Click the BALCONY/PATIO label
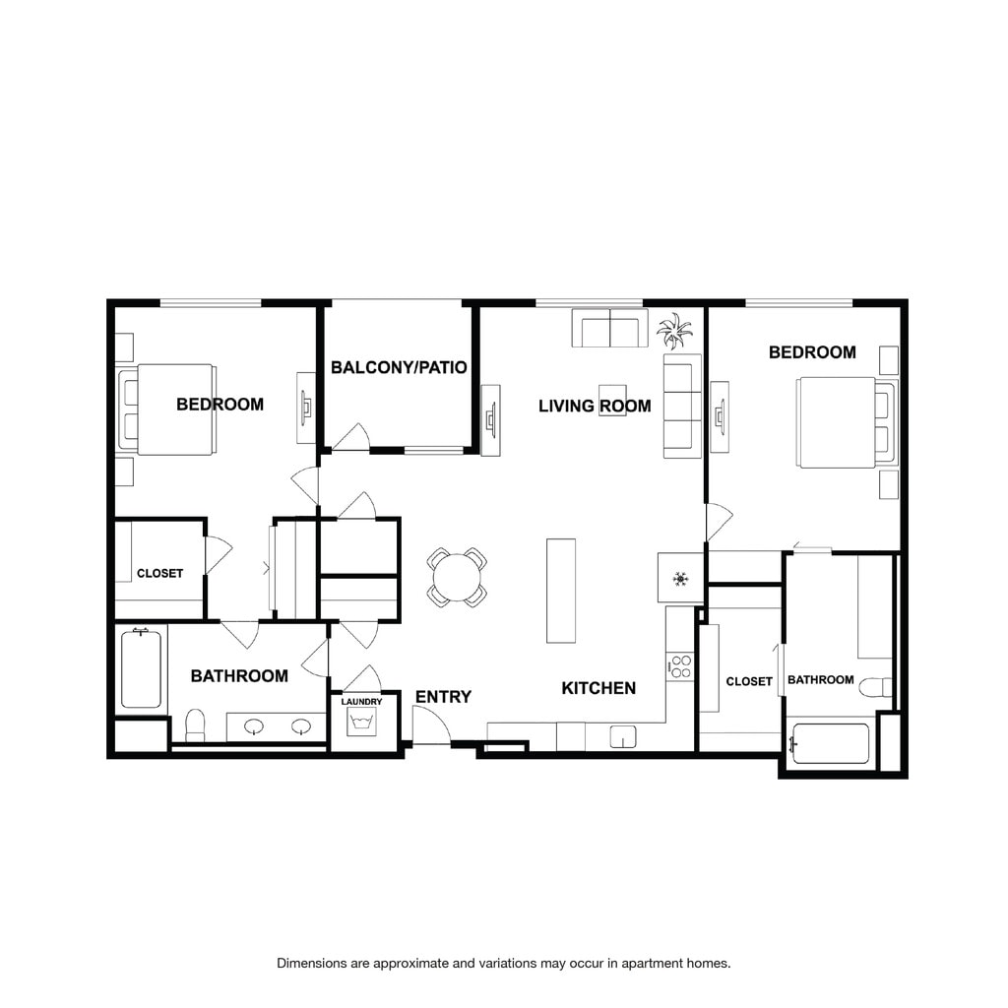pyautogui.click(x=399, y=367)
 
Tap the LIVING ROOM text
pyautogui.click(x=595, y=406)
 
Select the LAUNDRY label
pyautogui.click(x=361, y=701)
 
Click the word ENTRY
pyautogui.click(x=443, y=696)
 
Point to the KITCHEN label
pyautogui.click(x=598, y=688)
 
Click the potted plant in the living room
pyautogui.click(x=674, y=331)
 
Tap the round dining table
pyautogui.click(x=457, y=577)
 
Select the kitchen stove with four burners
pyautogui.click(x=680, y=666)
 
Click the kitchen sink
pyautogui.click(x=622, y=736)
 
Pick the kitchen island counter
pyautogui.click(x=560, y=591)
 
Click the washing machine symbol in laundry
pyautogui.click(x=361, y=722)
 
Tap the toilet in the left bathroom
pyautogui.click(x=195, y=725)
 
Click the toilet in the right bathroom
pyautogui.click(x=875, y=687)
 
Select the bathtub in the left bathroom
pyautogui.click(x=141, y=668)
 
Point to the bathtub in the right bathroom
pyautogui.click(x=831, y=744)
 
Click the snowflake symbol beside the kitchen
pyautogui.click(x=680, y=579)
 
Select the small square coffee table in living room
pyautogui.click(x=612, y=400)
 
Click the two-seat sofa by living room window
pyautogui.click(x=609, y=328)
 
